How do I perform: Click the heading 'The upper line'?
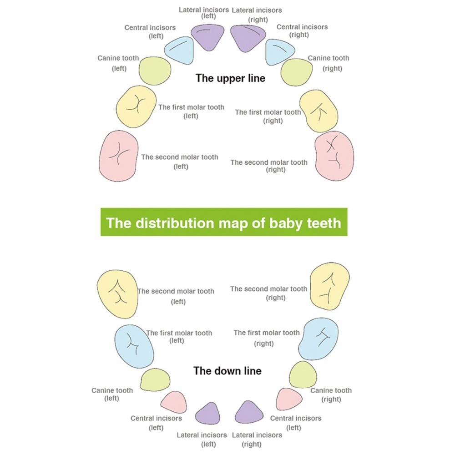230,78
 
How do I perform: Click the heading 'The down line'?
227,371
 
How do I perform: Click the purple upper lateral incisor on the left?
208,37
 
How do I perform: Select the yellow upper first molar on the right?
318,111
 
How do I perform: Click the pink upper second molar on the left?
118,156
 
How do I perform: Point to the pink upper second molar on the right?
334,156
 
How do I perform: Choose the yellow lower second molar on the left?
117,293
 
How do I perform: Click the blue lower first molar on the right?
318,339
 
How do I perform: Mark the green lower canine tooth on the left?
155,379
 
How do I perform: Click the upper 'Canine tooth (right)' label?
329,63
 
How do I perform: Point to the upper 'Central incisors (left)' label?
150,32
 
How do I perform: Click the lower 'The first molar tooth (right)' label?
267,338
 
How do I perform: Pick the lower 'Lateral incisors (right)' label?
257,440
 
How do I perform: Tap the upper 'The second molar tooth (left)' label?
180,162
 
